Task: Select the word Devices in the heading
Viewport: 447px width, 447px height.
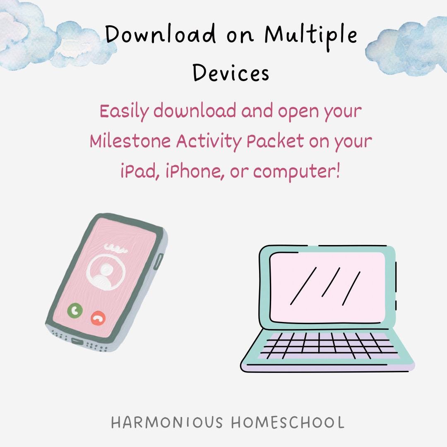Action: (231, 72)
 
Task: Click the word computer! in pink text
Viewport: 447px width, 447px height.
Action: (296, 172)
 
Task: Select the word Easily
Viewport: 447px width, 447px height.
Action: (124, 111)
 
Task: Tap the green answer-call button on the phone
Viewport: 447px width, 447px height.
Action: (75, 310)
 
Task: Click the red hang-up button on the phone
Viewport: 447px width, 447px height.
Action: (98, 318)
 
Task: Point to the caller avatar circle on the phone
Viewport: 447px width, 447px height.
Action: (106, 272)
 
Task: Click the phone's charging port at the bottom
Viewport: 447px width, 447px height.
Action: (77, 341)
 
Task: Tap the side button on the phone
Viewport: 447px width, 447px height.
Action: (158, 261)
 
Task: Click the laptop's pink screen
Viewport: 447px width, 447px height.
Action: (327, 287)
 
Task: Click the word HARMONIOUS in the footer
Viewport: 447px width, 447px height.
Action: (167, 422)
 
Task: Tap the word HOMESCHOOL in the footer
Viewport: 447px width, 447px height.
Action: (288, 422)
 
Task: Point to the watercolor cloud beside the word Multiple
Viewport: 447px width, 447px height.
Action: (408, 46)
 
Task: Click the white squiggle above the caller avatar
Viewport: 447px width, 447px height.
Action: (115, 249)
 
